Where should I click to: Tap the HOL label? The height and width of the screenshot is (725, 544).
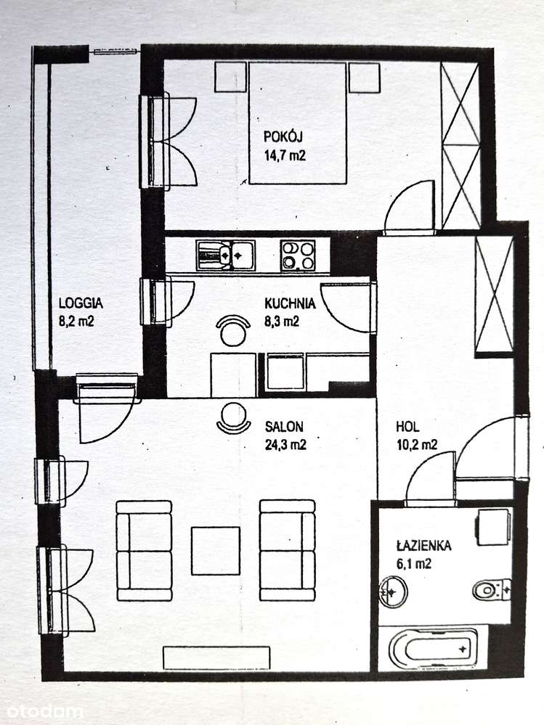[407, 427]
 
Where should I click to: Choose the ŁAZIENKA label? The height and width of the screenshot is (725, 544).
[425, 546]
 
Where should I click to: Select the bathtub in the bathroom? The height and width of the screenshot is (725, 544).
[433, 648]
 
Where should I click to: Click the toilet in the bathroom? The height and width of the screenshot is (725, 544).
[492, 589]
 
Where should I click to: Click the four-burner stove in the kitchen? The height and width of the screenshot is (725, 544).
[298, 255]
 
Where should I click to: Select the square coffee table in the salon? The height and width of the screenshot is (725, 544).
[216, 550]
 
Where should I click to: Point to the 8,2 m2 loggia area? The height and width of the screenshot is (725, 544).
[77, 320]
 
